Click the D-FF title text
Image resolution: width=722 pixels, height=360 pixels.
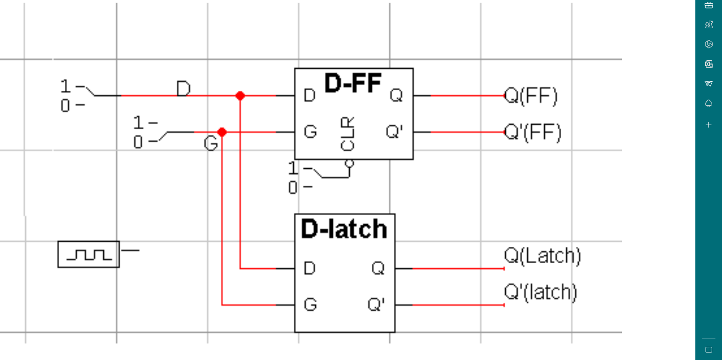click(353, 84)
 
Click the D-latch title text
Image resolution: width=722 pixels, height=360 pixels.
click(344, 229)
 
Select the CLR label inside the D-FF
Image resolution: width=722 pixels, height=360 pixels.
click(347, 134)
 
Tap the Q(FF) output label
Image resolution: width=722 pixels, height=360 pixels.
click(531, 96)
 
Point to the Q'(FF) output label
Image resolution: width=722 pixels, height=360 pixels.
click(533, 133)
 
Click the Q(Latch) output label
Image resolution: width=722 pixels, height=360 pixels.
click(542, 256)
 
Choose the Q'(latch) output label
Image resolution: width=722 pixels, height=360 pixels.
click(541, 292)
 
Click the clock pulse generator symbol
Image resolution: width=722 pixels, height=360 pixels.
click(88, 254)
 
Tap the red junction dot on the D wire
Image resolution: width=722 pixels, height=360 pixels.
click(240, 96)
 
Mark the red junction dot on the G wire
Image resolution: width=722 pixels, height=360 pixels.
click(222, 132)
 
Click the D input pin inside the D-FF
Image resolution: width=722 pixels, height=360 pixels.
click(309, 96)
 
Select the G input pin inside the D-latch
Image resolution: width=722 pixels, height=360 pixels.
click(310, 305)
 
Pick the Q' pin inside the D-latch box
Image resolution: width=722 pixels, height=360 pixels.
click(376, 305)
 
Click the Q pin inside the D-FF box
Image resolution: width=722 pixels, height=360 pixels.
click(396, 96)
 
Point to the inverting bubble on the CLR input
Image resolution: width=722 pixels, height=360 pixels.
click(349, 163)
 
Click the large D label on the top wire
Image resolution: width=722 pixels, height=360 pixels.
click(183, 89)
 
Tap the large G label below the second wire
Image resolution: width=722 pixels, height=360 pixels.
click(211, 143)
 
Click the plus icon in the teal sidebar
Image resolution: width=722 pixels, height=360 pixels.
click(709, 125)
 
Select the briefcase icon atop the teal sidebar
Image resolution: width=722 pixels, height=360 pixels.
click(709, 5)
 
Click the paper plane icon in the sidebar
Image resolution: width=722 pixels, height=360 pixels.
click(709, 84)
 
